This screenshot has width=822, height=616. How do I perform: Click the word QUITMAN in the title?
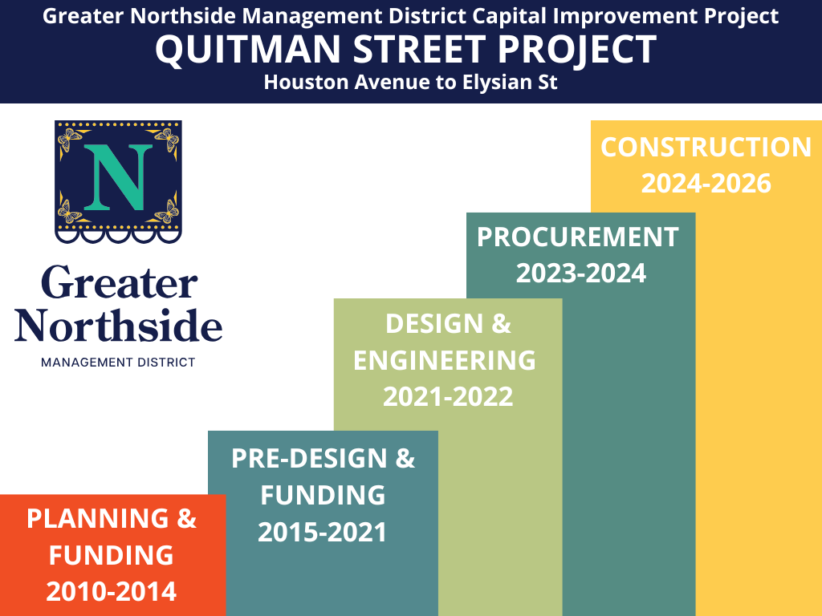(248, 50)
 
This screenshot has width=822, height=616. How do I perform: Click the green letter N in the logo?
(118, 177)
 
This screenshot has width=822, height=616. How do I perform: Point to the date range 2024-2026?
(706, 184)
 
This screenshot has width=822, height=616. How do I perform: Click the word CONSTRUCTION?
(706, 147)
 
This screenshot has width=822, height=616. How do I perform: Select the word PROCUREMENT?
(578, 237)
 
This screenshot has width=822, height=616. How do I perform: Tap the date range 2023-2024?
(581, 274)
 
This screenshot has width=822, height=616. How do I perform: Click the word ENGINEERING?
(445, 360)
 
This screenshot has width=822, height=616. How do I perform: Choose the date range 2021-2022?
(448, 396)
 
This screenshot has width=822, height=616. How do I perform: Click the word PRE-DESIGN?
(309, 458)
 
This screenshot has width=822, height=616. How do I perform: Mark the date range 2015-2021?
(322, 533)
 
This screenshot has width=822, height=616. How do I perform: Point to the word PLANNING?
(97, 519)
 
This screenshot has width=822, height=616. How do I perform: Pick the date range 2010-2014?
(111, 591)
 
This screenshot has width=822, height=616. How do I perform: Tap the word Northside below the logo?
(119, 325)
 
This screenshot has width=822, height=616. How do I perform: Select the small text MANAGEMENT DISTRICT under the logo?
(118, 363)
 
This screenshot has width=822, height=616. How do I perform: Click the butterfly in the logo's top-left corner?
(69, 139)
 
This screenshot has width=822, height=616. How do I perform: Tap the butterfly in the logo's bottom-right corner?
(167, 212)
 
